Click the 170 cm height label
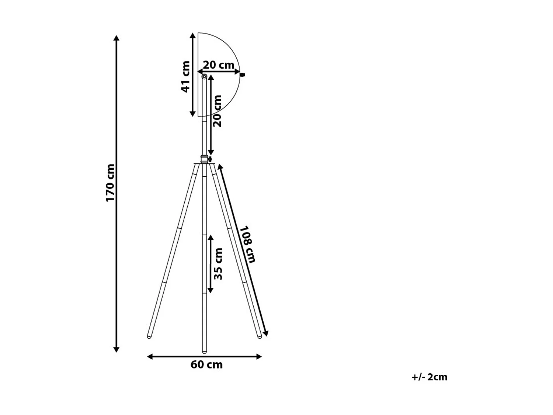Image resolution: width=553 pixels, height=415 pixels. pyautogui.click(x=110, y=183)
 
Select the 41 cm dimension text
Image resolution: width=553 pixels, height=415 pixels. pyautogui.click(x=185, y=77)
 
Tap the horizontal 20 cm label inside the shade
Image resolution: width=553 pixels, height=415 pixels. pyautogui.click(x=219, y=65)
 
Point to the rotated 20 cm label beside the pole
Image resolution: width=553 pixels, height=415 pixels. pyautogui.click(x=218, y=111)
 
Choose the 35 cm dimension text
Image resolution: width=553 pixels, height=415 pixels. pyautogui.click(x=218, y=264)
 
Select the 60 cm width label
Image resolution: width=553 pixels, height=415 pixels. pyautogui.click(x=206, y=365)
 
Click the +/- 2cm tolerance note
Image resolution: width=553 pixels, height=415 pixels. pyautogui.click(x=429, y=377)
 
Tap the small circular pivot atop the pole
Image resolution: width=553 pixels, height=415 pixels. pyautogui.click(x=204, y=77)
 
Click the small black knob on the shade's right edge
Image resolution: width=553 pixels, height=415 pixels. pyautogui.click(x=242, y=75)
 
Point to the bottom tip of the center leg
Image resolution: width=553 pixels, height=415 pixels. pyautogui.click(x=204, y=351)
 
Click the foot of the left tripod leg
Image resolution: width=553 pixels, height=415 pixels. pyautogui.click(x=149, y=336)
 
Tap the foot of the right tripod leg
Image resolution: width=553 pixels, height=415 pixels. pyautogui.click(x=260, y=336)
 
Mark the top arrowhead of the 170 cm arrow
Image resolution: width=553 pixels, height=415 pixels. pyautogui.click(x=116, y=38)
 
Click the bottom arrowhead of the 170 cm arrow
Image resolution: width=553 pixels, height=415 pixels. pyautogui.click(x=116, y=349)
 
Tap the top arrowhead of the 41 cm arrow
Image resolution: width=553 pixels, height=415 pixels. pyautogui.click(x=192, y=35)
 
